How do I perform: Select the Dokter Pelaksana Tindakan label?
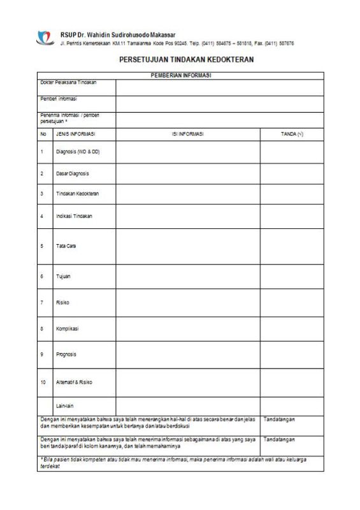pos(68,82)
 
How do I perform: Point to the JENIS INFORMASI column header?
pos(75,134)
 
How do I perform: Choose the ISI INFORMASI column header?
pos(188,134)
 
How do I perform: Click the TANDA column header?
pos(292,134)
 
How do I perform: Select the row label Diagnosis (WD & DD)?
pos(78,152)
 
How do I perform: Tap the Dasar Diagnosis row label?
pos(73,173)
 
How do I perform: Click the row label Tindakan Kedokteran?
pos(78,194)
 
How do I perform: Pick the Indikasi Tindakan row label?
pos(75,217)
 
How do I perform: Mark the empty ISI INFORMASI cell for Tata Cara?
pos(188,245)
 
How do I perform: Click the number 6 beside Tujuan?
pos(42,277)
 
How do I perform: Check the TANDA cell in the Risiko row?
pos(292,303)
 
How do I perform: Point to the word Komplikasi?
pos(69,329)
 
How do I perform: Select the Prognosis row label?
pos(68,354)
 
